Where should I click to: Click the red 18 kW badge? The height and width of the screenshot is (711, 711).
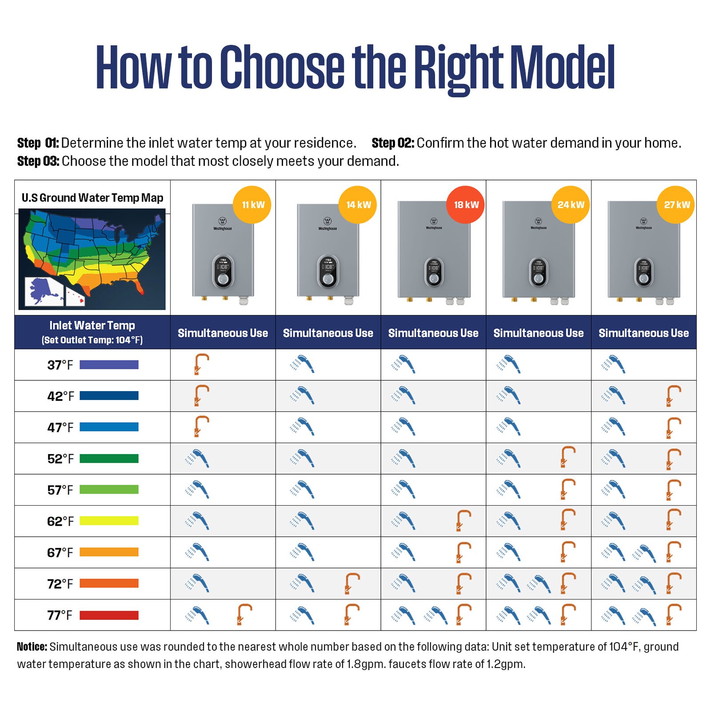(x=465, y=205)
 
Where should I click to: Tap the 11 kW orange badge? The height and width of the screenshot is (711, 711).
(x=252, y=205)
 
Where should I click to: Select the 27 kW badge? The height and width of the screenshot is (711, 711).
(x=676, y=205)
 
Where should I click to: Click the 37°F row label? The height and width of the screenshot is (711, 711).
(x=60, y=365)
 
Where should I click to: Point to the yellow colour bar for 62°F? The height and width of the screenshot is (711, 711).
(x=109, y=521)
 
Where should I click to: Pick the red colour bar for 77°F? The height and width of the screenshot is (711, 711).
(x=109, y=615)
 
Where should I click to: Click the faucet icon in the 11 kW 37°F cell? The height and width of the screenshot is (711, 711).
(x=201, y=364)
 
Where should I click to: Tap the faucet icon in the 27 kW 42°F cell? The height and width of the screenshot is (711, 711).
(x=673, y=396)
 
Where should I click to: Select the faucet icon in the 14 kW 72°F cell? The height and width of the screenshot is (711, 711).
(x=352, y=583)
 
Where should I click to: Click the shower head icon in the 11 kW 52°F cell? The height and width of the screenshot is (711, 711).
(x=197, y=459)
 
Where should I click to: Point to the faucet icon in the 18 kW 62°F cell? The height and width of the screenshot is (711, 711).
(x=463, y=521)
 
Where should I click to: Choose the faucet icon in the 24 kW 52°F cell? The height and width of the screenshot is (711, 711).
(x=568, y=457)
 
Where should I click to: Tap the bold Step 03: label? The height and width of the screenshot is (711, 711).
(x=38, y=161)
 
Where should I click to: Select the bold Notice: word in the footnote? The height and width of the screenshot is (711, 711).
(x=32, y=647)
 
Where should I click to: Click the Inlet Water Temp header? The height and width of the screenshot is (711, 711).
(x=92, y=326)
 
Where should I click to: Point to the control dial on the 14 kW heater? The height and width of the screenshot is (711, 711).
(x=328, y=279)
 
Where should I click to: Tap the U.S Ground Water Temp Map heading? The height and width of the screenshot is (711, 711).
(x=92, y=198)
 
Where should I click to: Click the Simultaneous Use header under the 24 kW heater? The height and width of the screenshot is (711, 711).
(x=538, y=333)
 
